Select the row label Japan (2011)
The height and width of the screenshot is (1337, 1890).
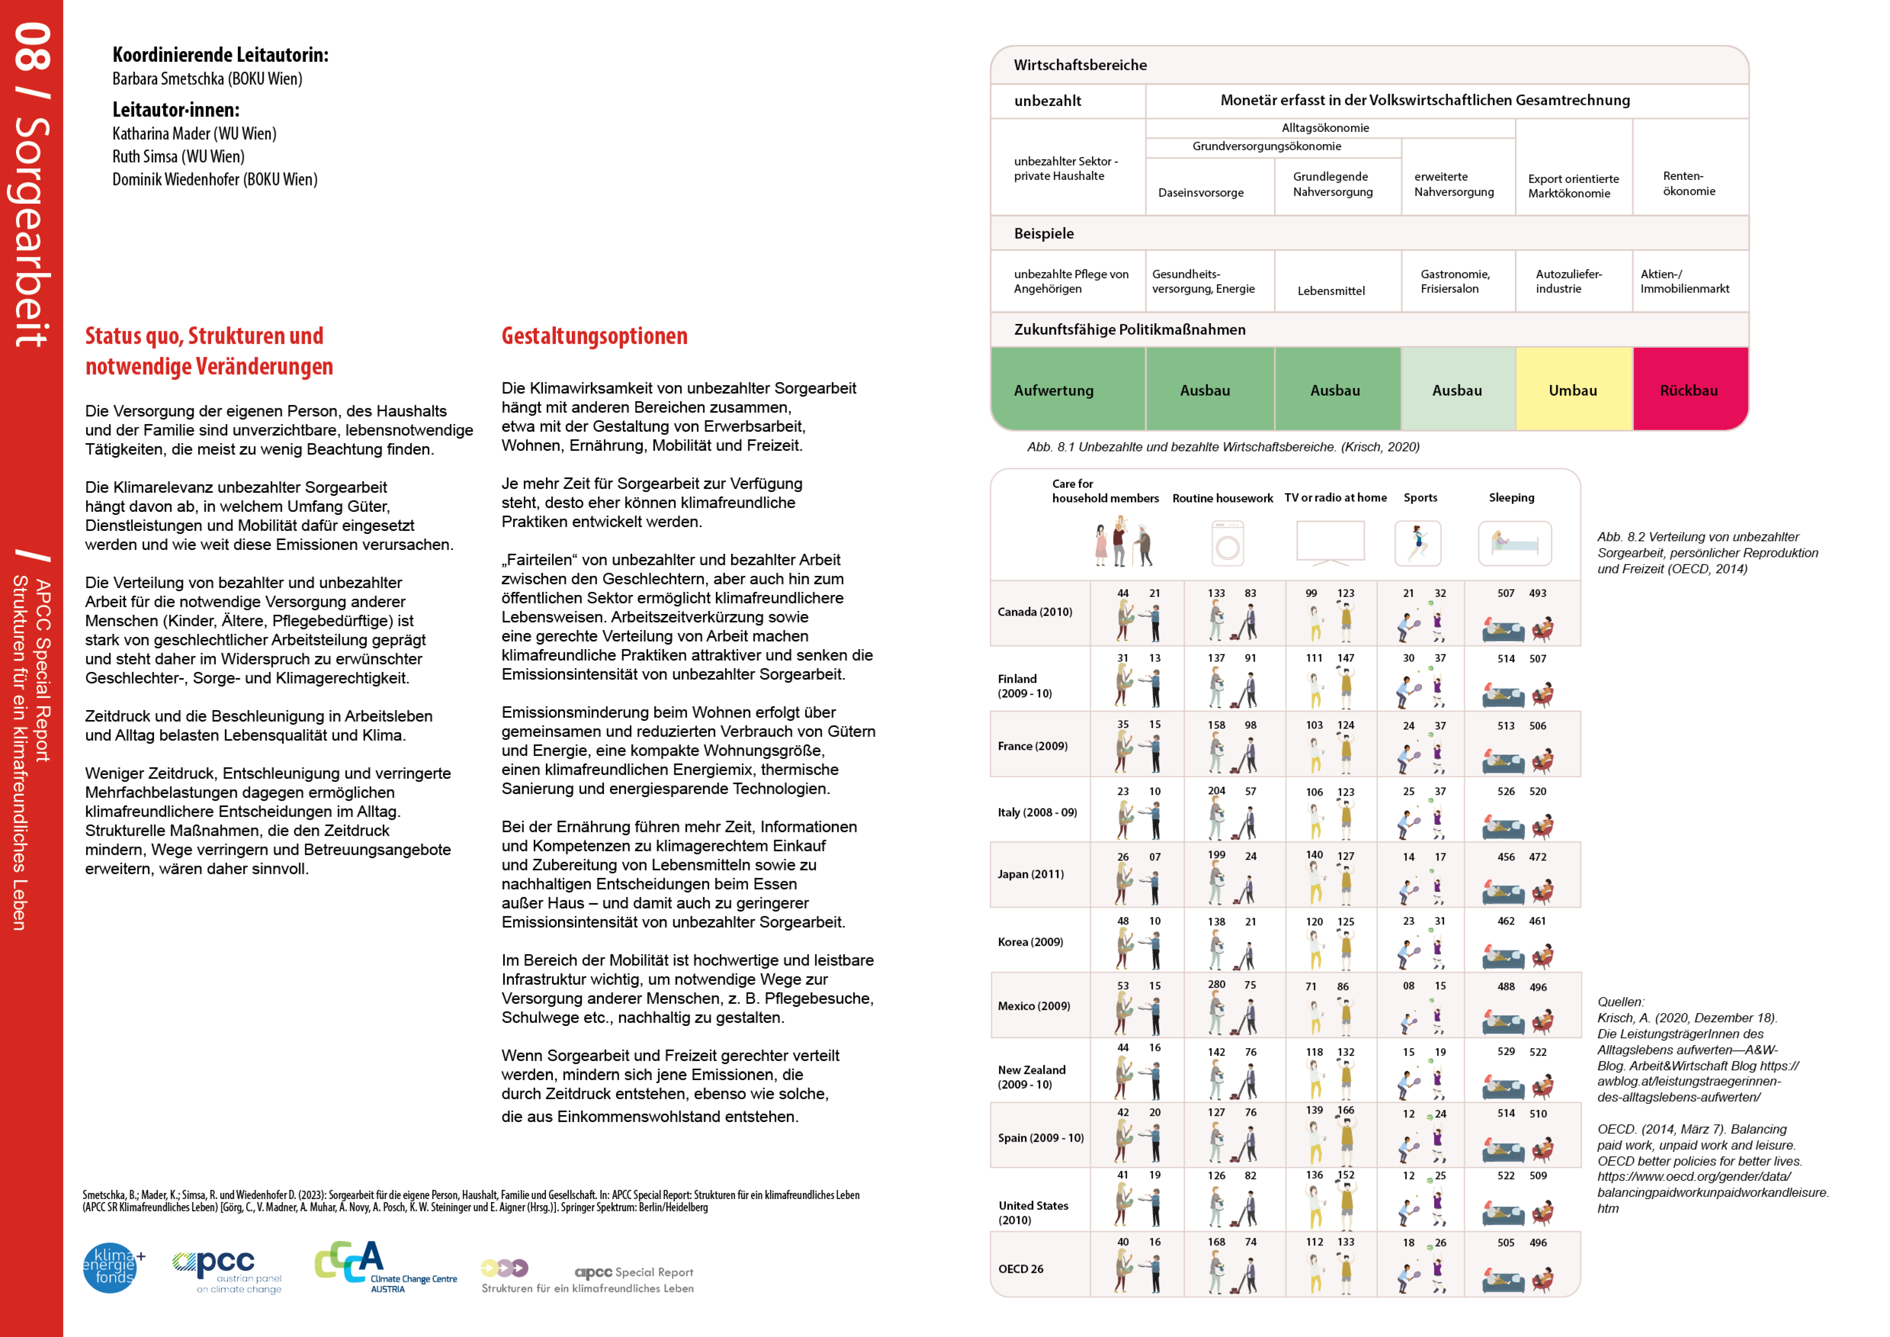[x=1031, y=874]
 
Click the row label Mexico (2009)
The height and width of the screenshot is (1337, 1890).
[x=1034, y=1006]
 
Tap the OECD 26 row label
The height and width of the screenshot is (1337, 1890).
[x=1021, y=1269]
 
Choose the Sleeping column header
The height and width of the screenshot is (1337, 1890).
[x=1511, y=497]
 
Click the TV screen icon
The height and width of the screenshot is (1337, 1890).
[x=1330, y=543]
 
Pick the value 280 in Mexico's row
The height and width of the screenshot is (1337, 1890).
[x=1217, y=984]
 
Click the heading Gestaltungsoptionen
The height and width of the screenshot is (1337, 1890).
[x=594, y=336]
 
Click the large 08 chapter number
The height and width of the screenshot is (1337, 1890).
[x=33, y=47]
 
